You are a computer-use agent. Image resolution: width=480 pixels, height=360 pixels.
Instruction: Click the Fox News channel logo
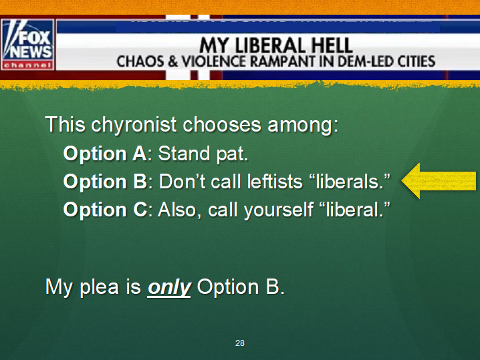click(x=27, y=45)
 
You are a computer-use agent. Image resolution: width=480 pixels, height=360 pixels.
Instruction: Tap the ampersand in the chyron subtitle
click(x=173, y=61)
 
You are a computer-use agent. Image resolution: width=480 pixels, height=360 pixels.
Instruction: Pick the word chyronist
click(x=134, y=126)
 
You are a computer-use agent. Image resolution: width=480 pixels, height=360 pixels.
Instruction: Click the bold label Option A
click(x=105, y=153)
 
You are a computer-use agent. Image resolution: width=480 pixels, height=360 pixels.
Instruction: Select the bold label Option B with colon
click(x=108, y=182)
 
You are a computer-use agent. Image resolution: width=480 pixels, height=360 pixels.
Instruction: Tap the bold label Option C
click(x=106, y=210)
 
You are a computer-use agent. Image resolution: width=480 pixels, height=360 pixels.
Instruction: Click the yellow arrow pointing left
click(x=439, y=181)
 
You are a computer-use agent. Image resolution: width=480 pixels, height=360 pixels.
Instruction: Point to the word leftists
click(x=275, y=182)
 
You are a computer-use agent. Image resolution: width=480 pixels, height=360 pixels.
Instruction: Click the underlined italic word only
click(x=169, y=287)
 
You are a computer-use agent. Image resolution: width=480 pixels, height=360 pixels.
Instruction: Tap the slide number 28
click(x=240, y=343)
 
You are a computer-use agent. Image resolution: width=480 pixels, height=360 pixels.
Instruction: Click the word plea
click(x=99, y=287)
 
